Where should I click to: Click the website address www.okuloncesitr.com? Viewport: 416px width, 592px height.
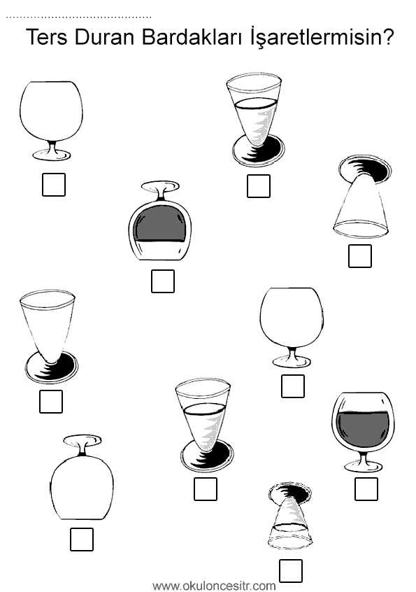(x=214, y=586)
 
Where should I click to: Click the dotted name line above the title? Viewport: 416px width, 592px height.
(x=79, y=17)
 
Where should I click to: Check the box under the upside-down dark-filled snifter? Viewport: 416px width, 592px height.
(x=163, y=281)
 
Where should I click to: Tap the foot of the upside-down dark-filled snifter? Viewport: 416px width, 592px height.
(x=160, y=186)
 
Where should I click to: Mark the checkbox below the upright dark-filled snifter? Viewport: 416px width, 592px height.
(x=366, y=489)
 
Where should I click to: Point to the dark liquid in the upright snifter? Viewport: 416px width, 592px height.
(x=363, y=429)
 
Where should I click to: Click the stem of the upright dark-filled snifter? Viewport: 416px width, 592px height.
(x=364, y=458)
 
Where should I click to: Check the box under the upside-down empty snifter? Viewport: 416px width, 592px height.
(x=82, y=539)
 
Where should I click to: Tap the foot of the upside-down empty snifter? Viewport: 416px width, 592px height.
(x=83, y=440)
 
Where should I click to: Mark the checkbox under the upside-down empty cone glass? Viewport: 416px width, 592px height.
(x=360, y=256)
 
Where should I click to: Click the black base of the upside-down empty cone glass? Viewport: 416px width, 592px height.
(x=365, y=167)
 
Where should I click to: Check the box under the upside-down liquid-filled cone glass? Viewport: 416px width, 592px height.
(x=291, y=571)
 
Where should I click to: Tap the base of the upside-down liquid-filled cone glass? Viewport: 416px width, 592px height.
(x=290, y=495)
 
